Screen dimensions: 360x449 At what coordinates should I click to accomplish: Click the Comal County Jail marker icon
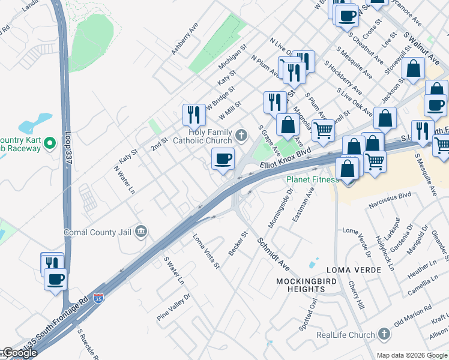141,232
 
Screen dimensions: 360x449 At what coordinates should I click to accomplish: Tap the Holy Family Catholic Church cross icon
241,135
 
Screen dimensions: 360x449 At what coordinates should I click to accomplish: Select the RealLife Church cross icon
384,334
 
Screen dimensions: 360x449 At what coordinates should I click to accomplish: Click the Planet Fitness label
313,179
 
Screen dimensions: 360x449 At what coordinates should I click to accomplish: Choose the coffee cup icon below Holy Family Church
223,159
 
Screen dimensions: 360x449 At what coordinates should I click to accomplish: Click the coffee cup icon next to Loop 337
56,279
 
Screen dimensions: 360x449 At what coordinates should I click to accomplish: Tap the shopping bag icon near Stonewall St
414,70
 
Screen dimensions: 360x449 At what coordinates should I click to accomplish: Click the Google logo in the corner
19,353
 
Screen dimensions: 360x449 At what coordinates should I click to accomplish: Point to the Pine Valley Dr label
173,306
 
